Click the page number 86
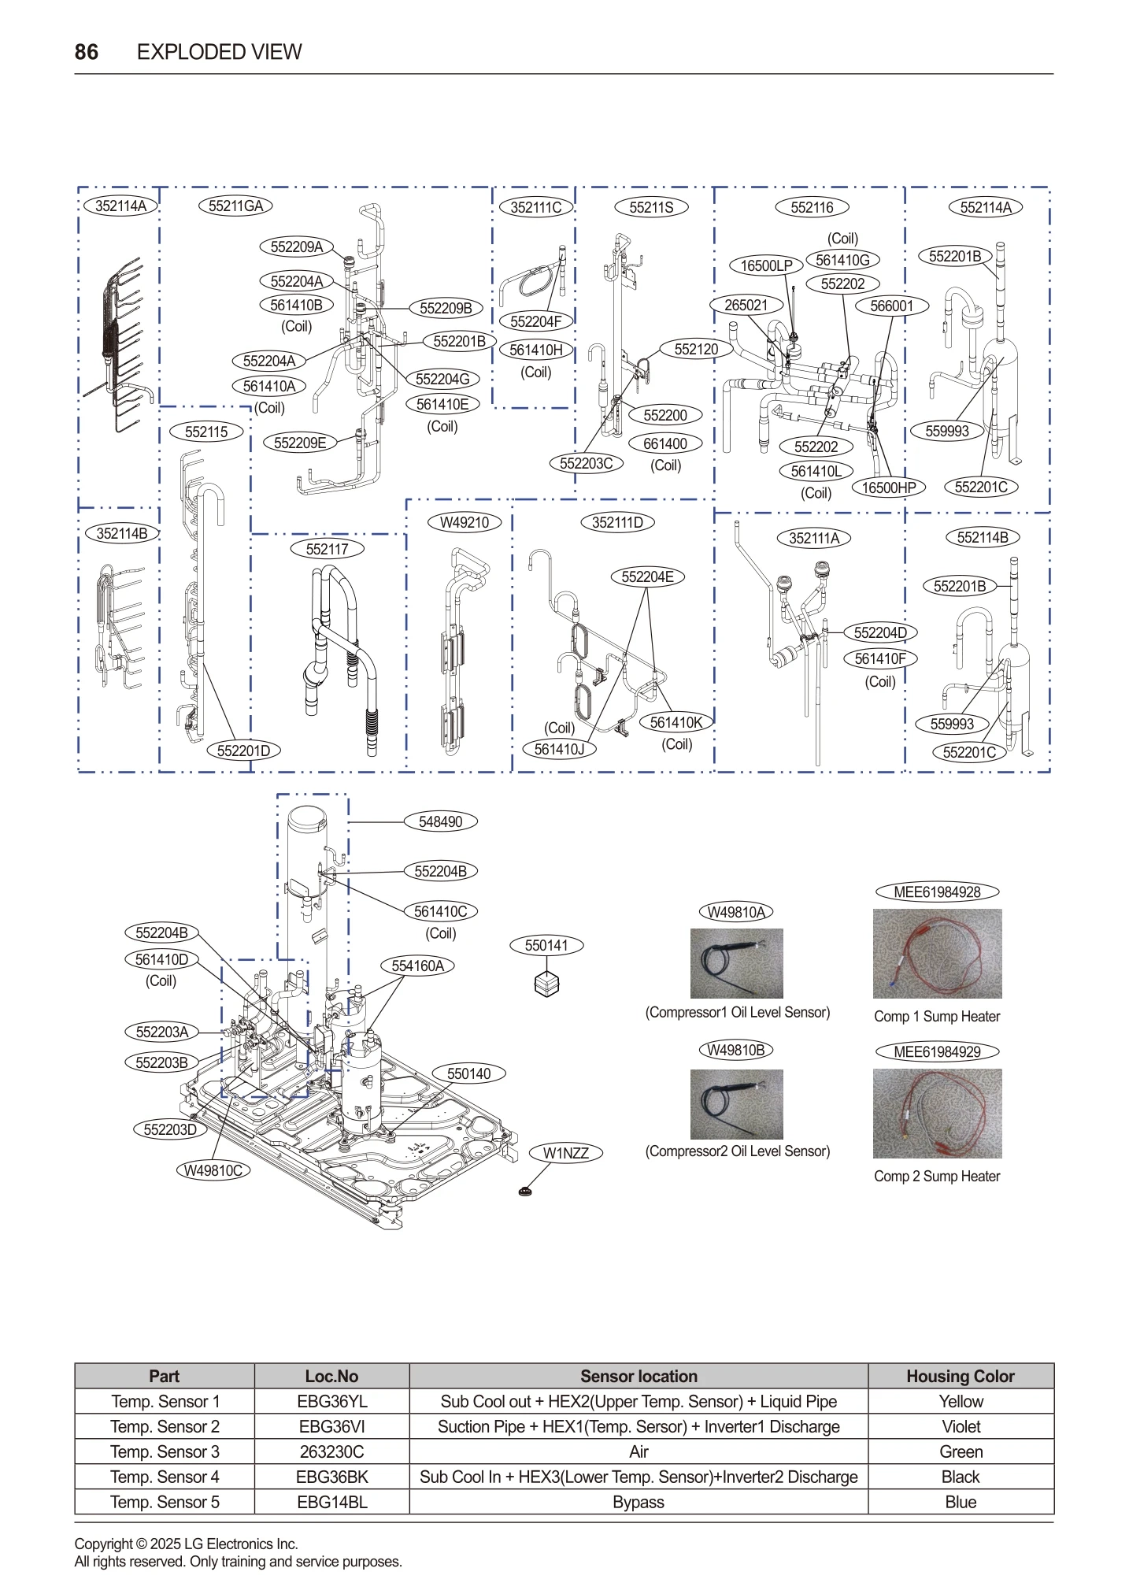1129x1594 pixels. [x=86, y=52]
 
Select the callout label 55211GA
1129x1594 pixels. [x=235, y=206]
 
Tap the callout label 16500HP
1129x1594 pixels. [x=888, y=487]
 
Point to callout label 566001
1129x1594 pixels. [x=891, y=306]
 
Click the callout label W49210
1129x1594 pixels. [x=464, y=523]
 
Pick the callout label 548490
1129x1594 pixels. [x=440, y=821]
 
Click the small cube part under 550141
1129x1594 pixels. [x=546, y=984]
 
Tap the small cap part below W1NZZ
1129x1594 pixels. [x=526, y=1191]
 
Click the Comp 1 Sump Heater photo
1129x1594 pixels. [x=937, y=954]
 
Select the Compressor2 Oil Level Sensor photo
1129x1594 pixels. [x=736, y=1104]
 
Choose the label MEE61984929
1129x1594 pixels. [x=937, y=1051]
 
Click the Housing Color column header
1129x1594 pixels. [x=960, y=1376]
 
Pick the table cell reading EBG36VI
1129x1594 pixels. [x=331, y=1426]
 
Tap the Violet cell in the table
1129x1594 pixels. [x=961, y=1426]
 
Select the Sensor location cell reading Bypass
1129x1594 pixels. [x=638, y=1502]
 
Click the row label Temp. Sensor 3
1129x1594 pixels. [x=165, y=1451]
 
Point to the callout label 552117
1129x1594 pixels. [x=327, y=549]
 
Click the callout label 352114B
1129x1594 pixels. [x=121, y=533]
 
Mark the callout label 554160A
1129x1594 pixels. [x=417, y=966]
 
